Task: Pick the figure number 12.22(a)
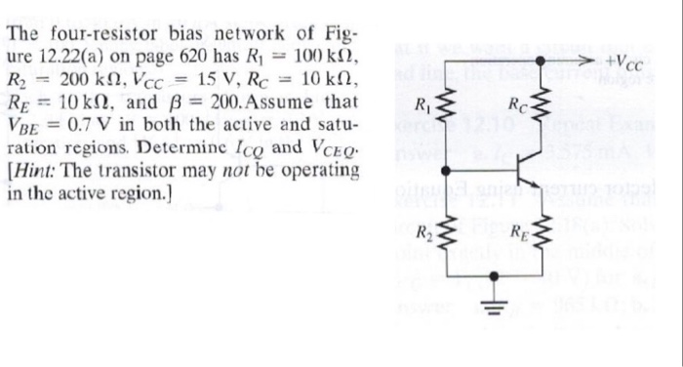(77, 54)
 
